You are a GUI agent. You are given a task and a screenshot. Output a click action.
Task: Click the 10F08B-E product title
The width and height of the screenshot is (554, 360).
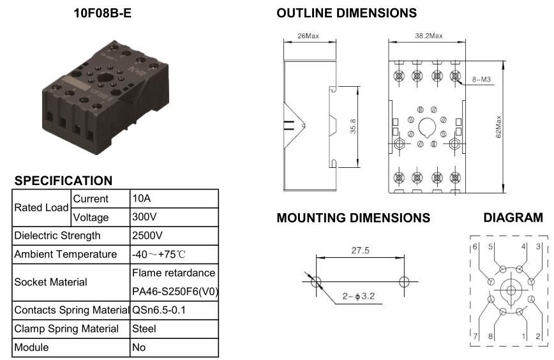103,13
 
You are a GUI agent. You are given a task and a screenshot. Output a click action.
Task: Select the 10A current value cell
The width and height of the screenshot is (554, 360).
142,199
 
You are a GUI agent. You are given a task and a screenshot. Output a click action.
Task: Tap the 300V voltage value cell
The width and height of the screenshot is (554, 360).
144,216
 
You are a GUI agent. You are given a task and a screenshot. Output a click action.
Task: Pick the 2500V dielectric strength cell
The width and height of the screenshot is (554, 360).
147,236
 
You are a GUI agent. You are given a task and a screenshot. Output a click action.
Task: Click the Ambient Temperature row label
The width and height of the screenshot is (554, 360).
66,254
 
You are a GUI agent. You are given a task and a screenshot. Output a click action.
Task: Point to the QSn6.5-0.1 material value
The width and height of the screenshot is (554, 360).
159,310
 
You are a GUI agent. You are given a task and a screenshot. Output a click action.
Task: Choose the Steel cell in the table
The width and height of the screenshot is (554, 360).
144,329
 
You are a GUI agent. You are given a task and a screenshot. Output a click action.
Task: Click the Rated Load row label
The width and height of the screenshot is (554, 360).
41,207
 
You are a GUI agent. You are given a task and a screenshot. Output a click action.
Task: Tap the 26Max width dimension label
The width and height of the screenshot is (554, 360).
308,36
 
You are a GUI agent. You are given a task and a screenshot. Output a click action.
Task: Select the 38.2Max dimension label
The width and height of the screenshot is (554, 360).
429,36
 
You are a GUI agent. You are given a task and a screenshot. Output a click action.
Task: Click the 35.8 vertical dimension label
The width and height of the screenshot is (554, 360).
353,126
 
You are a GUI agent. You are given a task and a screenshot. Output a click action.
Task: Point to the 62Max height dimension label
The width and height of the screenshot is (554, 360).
498,126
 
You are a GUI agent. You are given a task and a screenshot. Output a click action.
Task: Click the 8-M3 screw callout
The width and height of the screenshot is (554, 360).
482,80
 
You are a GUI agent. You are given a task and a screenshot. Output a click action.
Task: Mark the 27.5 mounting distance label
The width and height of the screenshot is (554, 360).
361,250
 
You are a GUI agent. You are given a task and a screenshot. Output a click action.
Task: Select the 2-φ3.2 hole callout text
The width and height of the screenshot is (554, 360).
358,296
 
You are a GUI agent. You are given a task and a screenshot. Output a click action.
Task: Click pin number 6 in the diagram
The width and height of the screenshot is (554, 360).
475,246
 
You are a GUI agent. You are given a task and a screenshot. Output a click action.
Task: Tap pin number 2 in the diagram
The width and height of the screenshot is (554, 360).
538,336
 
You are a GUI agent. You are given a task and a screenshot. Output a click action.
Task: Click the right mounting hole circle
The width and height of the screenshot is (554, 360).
404,282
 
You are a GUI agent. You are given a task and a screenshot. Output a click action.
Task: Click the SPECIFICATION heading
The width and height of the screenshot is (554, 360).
64,181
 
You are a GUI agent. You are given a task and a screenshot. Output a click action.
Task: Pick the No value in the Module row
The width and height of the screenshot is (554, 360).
139,347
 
